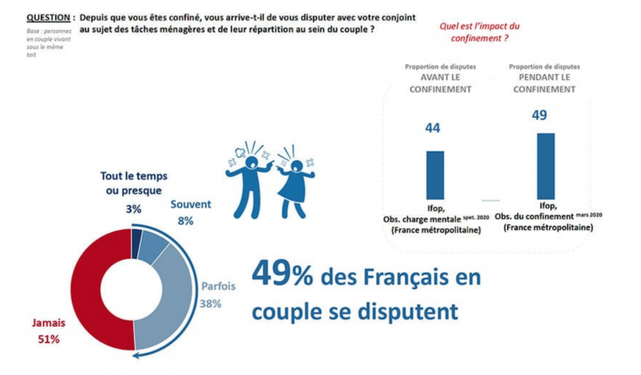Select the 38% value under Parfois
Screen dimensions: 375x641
click(x=210, y=303)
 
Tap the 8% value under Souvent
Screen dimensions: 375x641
click(x=185, y=221)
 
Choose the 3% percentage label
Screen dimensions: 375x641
click(x=133, y=208)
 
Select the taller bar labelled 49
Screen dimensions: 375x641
click(x=545, y=166)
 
